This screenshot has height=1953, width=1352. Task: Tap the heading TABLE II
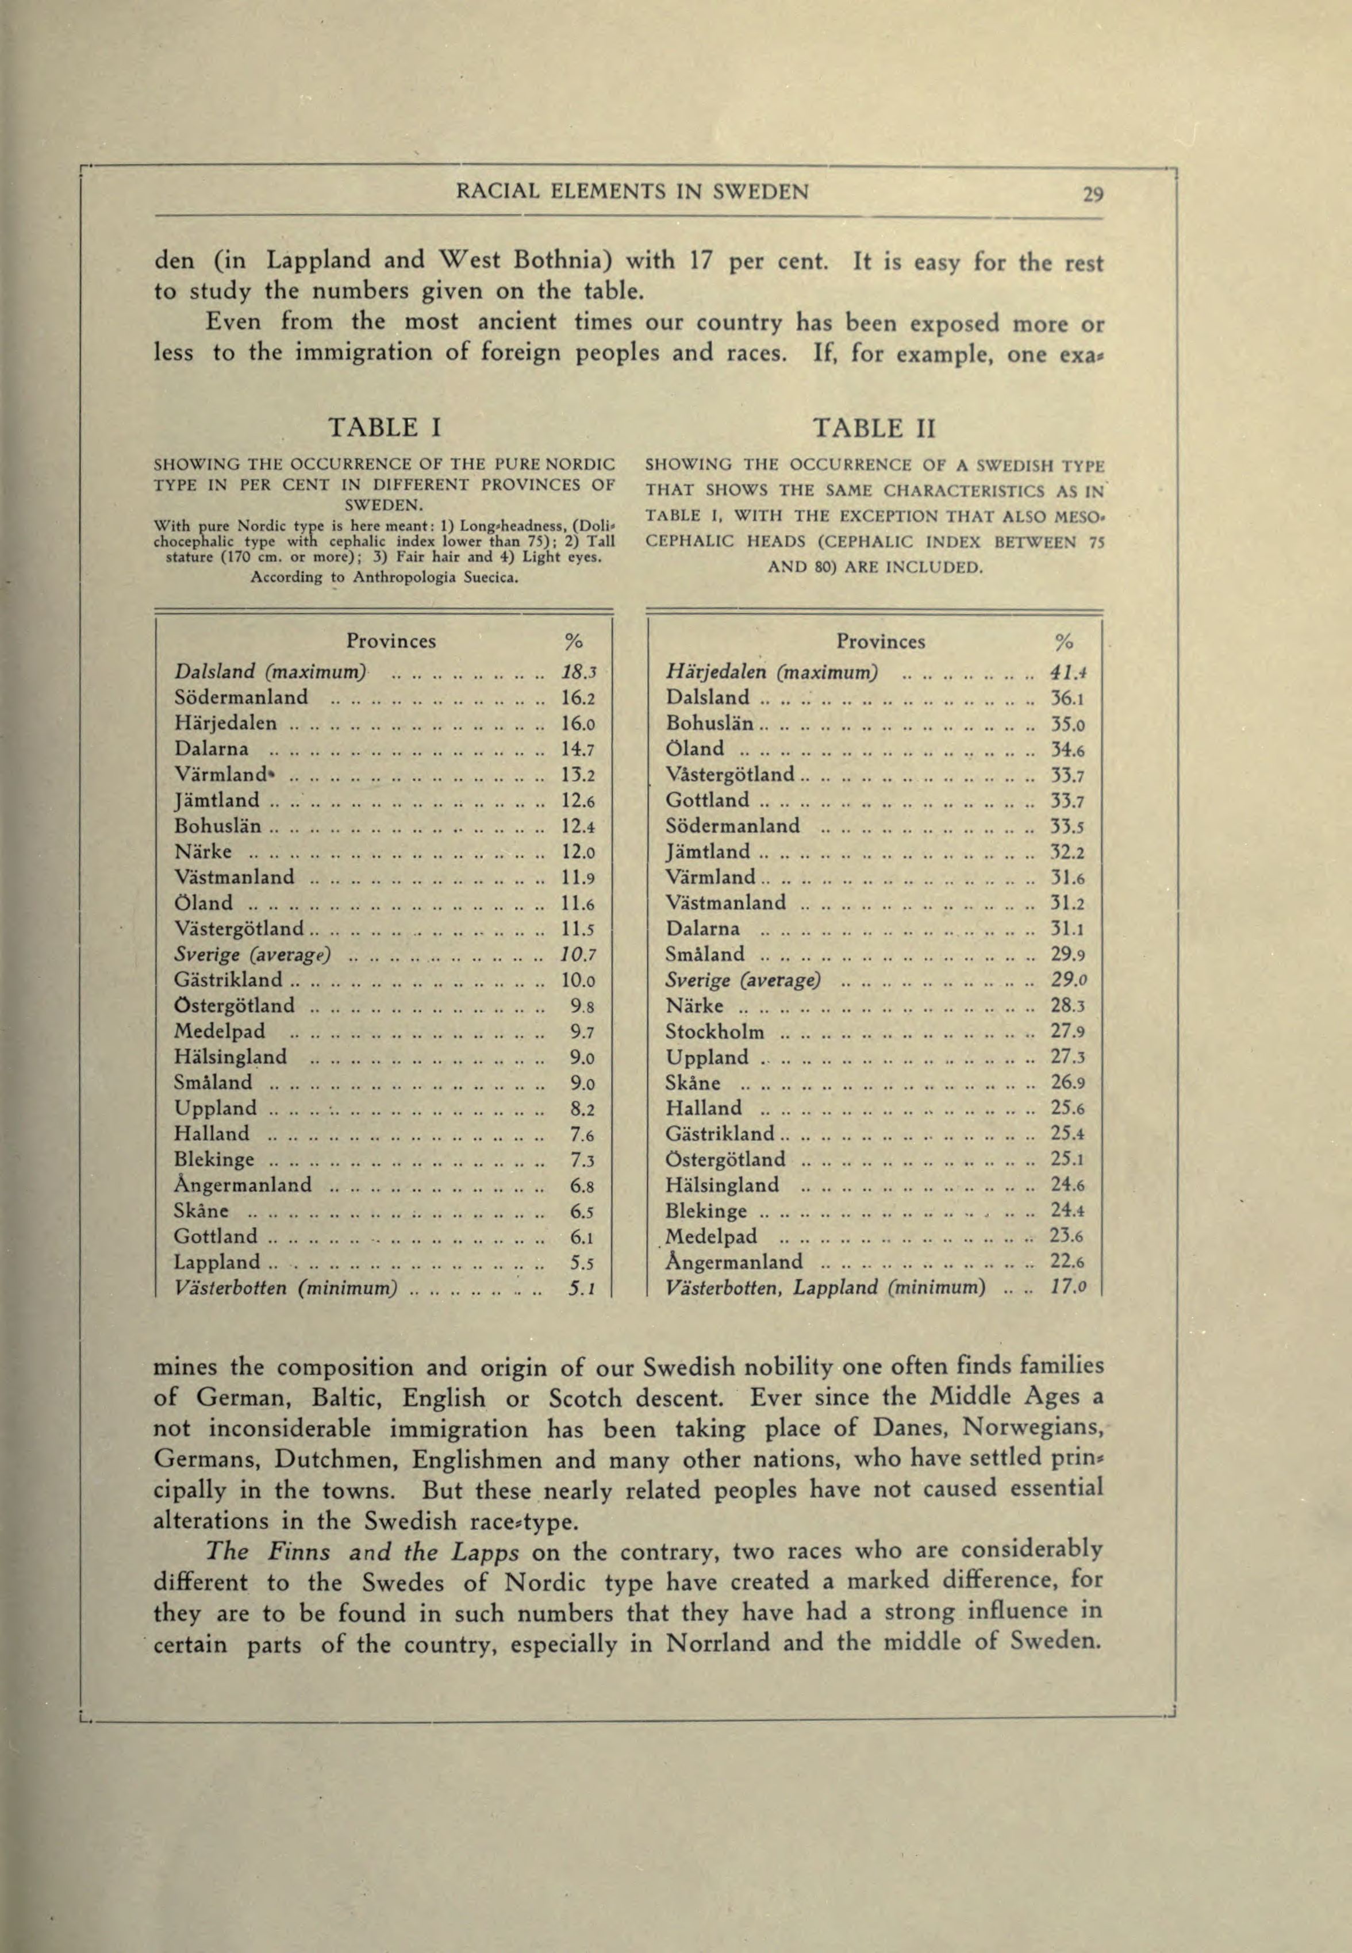click(x=874, y=427)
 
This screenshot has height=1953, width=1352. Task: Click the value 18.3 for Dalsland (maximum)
click(x=580, y=672)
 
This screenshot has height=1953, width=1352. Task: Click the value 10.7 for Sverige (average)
click(x=580, y=955)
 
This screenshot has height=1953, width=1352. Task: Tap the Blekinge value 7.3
click(x=580, y=1159)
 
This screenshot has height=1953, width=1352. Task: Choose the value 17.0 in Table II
click(x=1069, y=1288)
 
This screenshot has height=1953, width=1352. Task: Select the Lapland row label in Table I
click(x=217, y=1262)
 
